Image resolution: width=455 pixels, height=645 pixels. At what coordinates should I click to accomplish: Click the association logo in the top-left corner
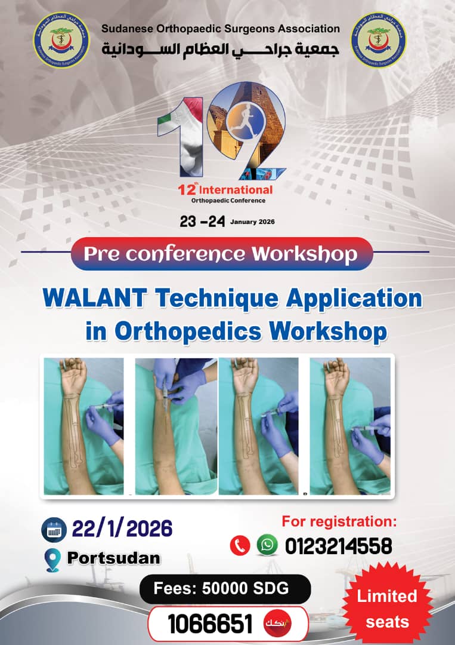[x=61, y=40]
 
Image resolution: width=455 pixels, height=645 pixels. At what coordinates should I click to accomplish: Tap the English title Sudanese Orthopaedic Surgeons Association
[x=220, y=29]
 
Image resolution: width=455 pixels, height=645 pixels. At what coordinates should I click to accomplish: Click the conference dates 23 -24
[x=202, y=222]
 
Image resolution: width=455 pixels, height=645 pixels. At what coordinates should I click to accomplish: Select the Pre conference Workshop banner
[x=221, y=254]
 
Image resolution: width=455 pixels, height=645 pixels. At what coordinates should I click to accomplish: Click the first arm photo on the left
[x=83, y=426]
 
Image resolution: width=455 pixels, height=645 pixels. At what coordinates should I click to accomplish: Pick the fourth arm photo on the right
[x=350, y=426]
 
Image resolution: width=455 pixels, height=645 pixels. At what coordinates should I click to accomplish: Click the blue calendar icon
[x=54, y=530]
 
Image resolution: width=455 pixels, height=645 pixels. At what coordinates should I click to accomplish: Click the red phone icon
[x=240, y=545]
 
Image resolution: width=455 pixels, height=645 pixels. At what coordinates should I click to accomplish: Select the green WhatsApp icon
[x=267, y=545]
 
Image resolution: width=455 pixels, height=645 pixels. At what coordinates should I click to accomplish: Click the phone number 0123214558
[x=338, y=546]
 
